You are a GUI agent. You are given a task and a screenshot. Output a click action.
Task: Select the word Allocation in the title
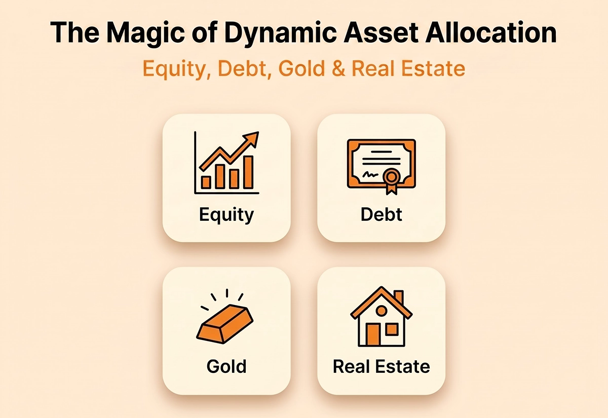pyautogui.click(x=491, y=32)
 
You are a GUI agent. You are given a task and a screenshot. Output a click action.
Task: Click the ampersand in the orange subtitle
pyautogui.click(x=338, y=68)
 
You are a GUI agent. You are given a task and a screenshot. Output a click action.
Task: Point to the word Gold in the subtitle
pyautogui.click(x=301, y=68)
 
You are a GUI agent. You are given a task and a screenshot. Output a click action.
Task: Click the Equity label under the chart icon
pyautogui.click(x=226, y=215)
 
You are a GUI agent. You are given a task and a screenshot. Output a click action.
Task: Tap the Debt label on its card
pyautogui.click(x=381, y=214)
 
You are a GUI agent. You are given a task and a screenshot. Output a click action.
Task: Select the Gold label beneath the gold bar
pyautogui.click(x=226, y=366)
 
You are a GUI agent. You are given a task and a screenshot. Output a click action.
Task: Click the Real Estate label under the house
pyautogui.click(x=382, y=366)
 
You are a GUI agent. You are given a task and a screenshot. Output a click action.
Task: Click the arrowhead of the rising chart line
pyautogui.click(x=252, y=138)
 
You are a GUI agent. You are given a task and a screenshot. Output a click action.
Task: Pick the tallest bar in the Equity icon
pyautogui.click(x=248, y=172)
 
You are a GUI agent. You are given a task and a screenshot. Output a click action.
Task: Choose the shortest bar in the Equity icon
pyautogui.click(x=206, y=182)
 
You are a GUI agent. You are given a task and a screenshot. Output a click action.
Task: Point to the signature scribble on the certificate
pyautogui.click(x=371, y=174)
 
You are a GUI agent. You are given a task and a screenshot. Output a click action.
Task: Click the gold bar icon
pyautogui.click(x=225, y=324)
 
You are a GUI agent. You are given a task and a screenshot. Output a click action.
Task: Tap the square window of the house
pyautogui.click(x=392, y=329)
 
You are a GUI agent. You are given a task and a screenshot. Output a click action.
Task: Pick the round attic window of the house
pyautogui.click(x=382, y=310)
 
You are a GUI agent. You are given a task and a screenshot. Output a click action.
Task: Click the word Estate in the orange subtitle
pyautogui.click(x=433, y=68)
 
